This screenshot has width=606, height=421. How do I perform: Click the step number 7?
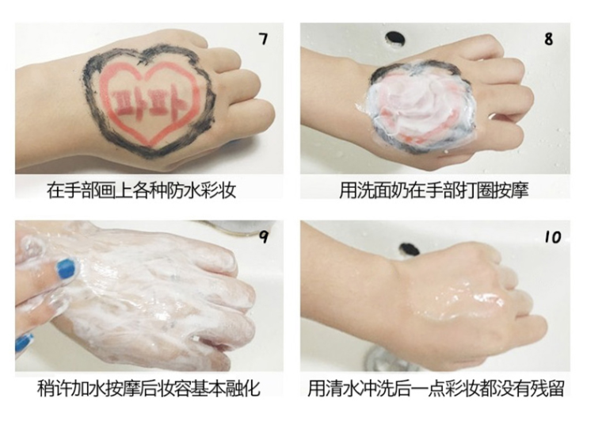(x=263, y=39)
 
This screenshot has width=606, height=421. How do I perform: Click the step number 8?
(x=548, y=39)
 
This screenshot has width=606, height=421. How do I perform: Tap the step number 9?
(x=264, y=237)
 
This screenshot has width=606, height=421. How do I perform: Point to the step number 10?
(x=553, y=237)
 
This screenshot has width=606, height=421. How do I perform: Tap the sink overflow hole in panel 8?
(x=394, y=38)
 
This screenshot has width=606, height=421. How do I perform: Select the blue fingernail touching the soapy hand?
(x=65, y=269)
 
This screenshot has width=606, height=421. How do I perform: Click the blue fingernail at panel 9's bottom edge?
(x=23, y=343)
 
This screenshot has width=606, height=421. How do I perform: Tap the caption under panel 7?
(x=142, y=190)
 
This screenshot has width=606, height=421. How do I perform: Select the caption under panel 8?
(x=433, y=190)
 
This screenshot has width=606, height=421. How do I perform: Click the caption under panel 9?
(x=149, y=388)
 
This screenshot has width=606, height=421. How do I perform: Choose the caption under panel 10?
(x=436, y=388)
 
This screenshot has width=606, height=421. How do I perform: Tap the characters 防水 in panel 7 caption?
(x=183, y=190)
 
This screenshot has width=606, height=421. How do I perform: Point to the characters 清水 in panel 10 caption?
(x=342, y=388)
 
